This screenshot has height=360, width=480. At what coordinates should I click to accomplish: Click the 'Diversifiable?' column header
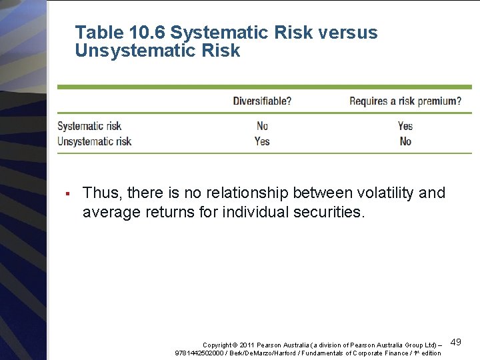[x=262, y=101]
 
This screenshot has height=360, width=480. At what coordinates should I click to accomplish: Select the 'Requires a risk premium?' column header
[x=405, y=101]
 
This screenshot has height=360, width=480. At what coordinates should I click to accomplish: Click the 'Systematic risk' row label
[x=89, y=126]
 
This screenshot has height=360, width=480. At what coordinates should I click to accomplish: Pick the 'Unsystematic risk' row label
[x=94, y=141]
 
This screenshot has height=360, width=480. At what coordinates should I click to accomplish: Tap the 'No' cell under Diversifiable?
[x=262, y=126]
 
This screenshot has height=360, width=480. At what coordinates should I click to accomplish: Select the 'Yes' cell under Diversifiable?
[x=262, y=141]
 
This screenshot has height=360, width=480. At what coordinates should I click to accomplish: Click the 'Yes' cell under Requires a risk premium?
[x=405, y=126]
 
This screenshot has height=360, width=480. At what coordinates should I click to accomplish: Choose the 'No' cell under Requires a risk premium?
[x=405, y=141]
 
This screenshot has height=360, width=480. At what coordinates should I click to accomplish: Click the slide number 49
[x=456, y=342]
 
